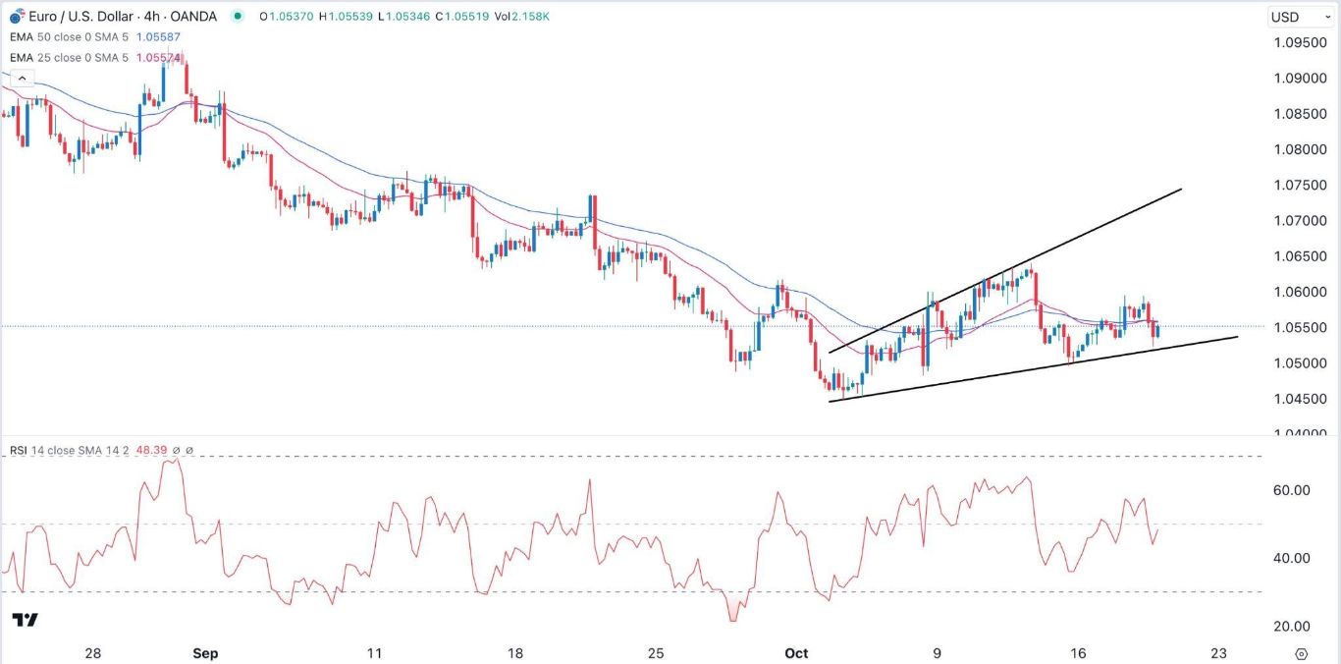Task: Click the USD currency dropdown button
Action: coord(1292,17)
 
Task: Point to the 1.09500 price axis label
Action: coord(1292,43)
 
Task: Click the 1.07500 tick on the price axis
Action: coord(1292,186)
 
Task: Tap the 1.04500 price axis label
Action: coord(1292,399)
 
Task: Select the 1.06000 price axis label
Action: coord(1292,293)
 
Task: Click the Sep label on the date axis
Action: coord(205,653)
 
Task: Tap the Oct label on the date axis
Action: coord(796,653)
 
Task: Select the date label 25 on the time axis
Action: coord(657,653)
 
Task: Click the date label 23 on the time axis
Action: coord(1219,653)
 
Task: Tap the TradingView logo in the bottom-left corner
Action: coord(26,620)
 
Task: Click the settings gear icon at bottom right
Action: coord(1302,653)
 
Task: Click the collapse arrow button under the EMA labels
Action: coord(20,77)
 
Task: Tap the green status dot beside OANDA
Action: coord(239,17)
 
